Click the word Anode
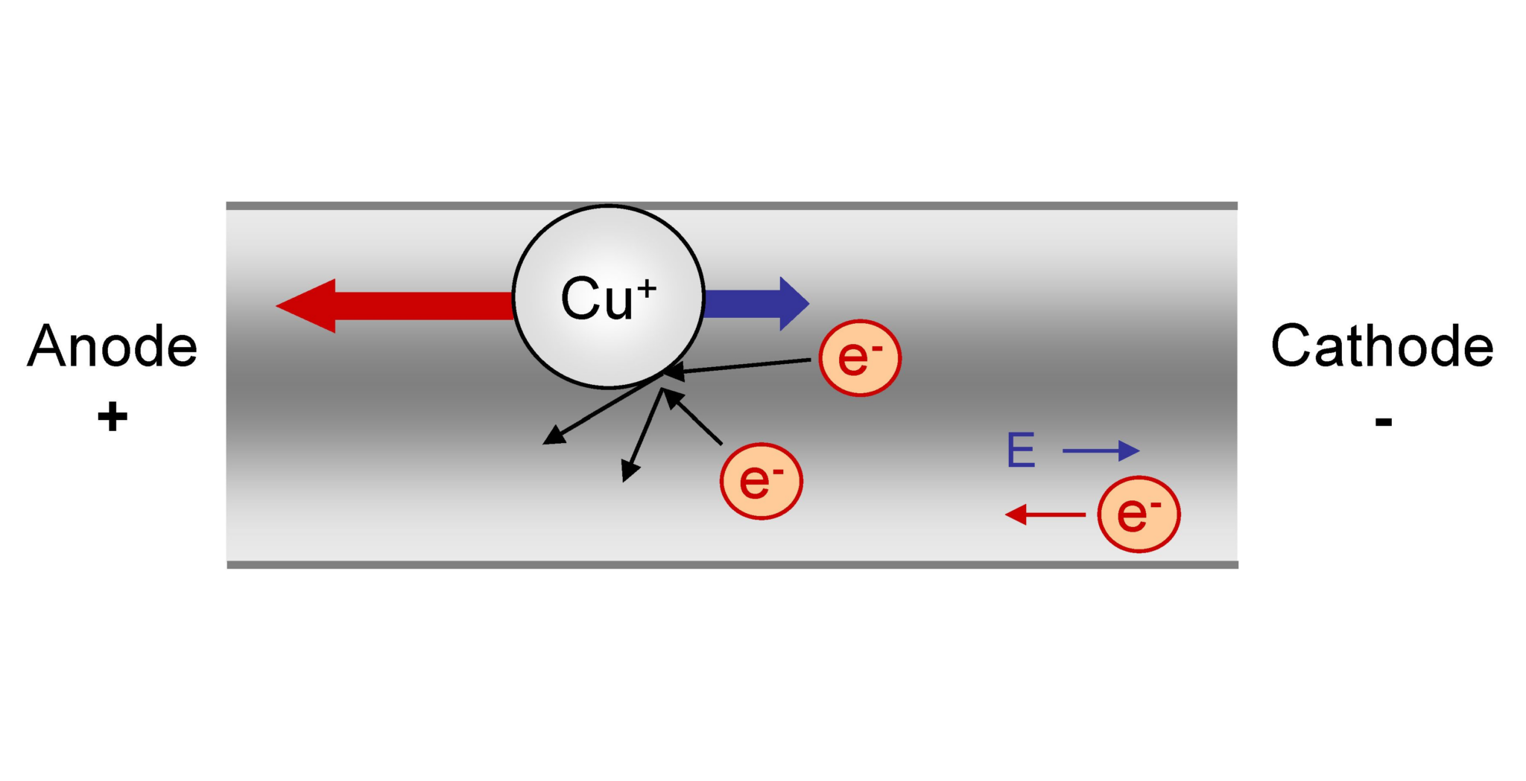(112, 346)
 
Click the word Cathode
(1382, 346)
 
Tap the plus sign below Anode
(113, 417)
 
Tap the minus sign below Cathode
(1384, 422)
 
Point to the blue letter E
(1021, 450)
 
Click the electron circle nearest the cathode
(1139, 514)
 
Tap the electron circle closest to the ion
(860, 358)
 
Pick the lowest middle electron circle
(761, 481)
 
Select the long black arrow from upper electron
(745, 366)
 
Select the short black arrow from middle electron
(693, 418)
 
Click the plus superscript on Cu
(646, 288)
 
